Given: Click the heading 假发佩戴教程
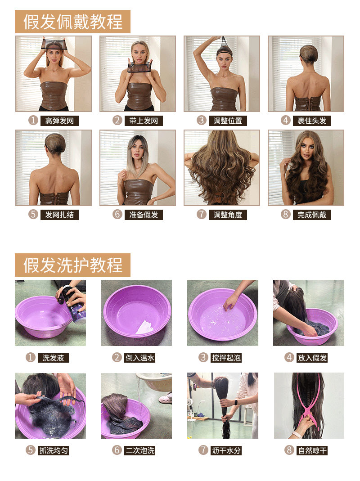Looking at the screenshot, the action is (73, 22).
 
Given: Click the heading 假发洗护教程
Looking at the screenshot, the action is (73, 265).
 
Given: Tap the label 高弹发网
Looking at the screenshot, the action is (59, 121).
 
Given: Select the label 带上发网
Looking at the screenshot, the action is (144, 121).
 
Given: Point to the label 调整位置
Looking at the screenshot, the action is (228, 121).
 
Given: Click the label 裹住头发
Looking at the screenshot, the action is (312, 121).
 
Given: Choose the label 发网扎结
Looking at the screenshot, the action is (59, 215).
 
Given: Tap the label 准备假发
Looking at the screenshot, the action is (144, 215).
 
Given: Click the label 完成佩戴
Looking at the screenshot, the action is (312, 215).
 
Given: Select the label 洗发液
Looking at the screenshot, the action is (54, 358).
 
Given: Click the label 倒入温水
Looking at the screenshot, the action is (140, 358).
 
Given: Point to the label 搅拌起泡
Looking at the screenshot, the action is (226, 358).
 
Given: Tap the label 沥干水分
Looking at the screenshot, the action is (226, 450).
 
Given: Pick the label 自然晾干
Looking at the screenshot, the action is (312, 450).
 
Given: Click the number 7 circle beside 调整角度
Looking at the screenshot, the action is (201, 214).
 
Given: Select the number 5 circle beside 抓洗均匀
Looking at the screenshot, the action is (30, 450).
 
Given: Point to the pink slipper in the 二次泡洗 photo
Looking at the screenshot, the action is (166, 398).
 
